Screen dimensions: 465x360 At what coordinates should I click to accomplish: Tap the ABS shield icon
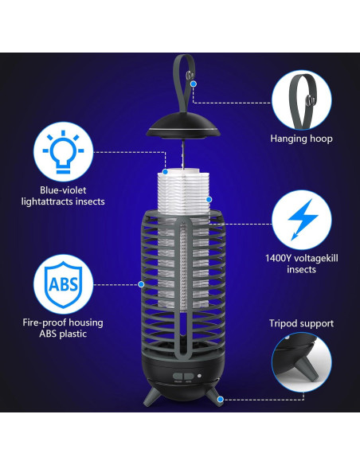click(x=64, y=285)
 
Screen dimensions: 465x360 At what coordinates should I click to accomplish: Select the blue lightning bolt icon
click(x=300, y=219)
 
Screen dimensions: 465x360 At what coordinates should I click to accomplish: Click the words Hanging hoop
click(x=300, y=139)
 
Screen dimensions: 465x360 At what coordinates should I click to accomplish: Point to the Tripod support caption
click(x=300, y=323)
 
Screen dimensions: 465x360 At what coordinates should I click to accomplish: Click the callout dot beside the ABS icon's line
click(x=141, y=284)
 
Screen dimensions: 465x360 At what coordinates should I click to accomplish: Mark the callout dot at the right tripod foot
click(x=221, y=399)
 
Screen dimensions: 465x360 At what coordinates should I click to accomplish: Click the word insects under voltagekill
click(x=300, y=270)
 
